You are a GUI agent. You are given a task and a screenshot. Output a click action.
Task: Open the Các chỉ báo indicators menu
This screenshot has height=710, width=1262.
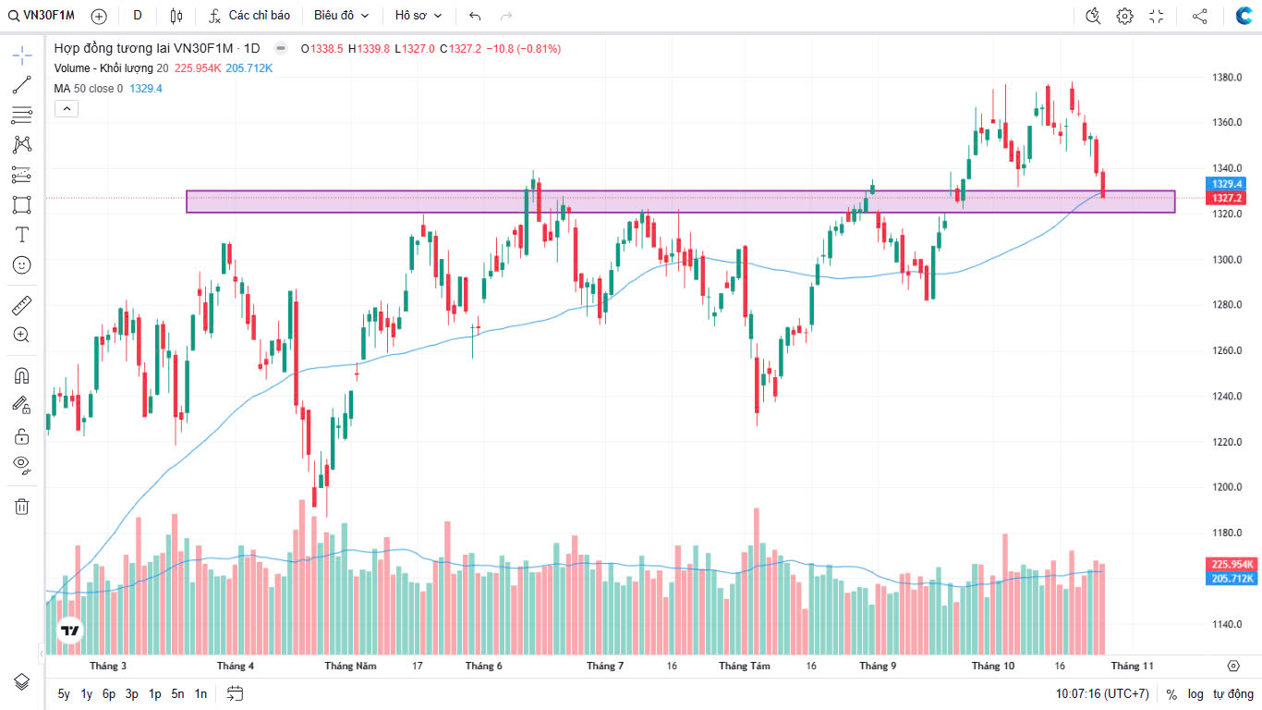pyautogui.click(x=249, y=16)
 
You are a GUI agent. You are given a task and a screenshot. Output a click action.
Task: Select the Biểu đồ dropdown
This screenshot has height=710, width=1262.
pyautogui.click(x=341, y=16)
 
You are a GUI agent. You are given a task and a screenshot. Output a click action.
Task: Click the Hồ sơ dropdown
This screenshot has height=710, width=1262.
pyautogui.click(x=419, y=16)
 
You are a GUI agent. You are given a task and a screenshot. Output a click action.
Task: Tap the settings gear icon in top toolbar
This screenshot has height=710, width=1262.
pyautogui.click(x=1124, y=16)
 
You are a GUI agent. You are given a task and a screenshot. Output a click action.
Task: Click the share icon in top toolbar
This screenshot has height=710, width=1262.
pyautogui.click(x=1199, y=16)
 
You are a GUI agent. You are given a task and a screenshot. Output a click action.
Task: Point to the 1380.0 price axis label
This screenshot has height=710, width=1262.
pyautogui.click(x=1226, y=78)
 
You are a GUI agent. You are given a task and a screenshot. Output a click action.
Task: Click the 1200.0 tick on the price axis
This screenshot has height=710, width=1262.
pyautogui.click(x=1226, y=487)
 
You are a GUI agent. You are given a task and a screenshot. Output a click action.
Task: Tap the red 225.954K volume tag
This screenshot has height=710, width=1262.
pyautogui.click(x=1232, y=564)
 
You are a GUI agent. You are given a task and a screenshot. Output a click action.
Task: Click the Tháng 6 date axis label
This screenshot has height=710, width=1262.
pyautogui.click(x=484, y=666)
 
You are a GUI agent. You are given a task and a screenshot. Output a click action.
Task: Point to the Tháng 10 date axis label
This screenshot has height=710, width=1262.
pyautogui.click(x=993, y=666)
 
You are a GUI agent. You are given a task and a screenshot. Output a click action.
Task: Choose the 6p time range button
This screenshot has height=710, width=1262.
pyautogui.click(x=109, y=693)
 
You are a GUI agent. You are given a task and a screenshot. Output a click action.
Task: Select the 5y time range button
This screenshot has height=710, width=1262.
pyautogui.click(x=64, y=693)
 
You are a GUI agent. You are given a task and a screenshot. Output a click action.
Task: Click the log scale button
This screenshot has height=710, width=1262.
pyautogui.click(x=1195, y=694)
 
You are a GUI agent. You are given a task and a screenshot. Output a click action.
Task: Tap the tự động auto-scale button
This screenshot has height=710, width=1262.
pyautogui.click(x=1233, y=694)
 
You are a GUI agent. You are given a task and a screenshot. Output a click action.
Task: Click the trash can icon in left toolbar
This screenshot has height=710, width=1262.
pyautogui.click(x=22, y=506)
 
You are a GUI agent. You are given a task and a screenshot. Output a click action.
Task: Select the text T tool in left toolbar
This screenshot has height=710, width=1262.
pyautogui.click(x=22, y=235)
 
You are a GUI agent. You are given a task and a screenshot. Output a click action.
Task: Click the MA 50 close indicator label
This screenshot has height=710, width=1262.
pyautogui.click(x=88, y=89)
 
